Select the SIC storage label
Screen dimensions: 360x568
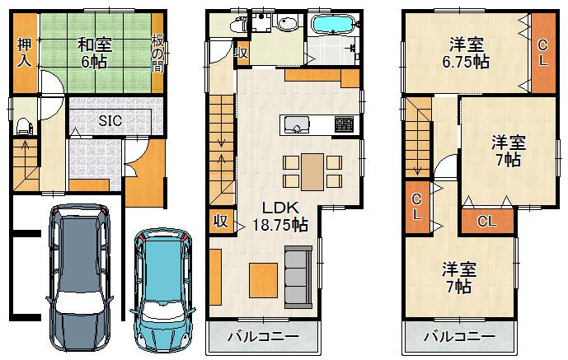(x=110, y=121)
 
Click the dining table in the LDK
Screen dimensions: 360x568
(x=312, y=171)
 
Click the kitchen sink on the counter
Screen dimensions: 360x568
(x=294, y=125)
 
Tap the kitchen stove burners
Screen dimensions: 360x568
(x=344, y=125)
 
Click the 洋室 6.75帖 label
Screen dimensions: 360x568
(x=467, y=53)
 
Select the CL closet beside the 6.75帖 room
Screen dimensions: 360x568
(x=542, y=53)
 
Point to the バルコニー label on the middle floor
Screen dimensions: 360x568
(x=262, y=337)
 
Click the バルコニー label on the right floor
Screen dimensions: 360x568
(x=460, y=337)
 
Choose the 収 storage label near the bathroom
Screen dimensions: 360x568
(x=242, y=54)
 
